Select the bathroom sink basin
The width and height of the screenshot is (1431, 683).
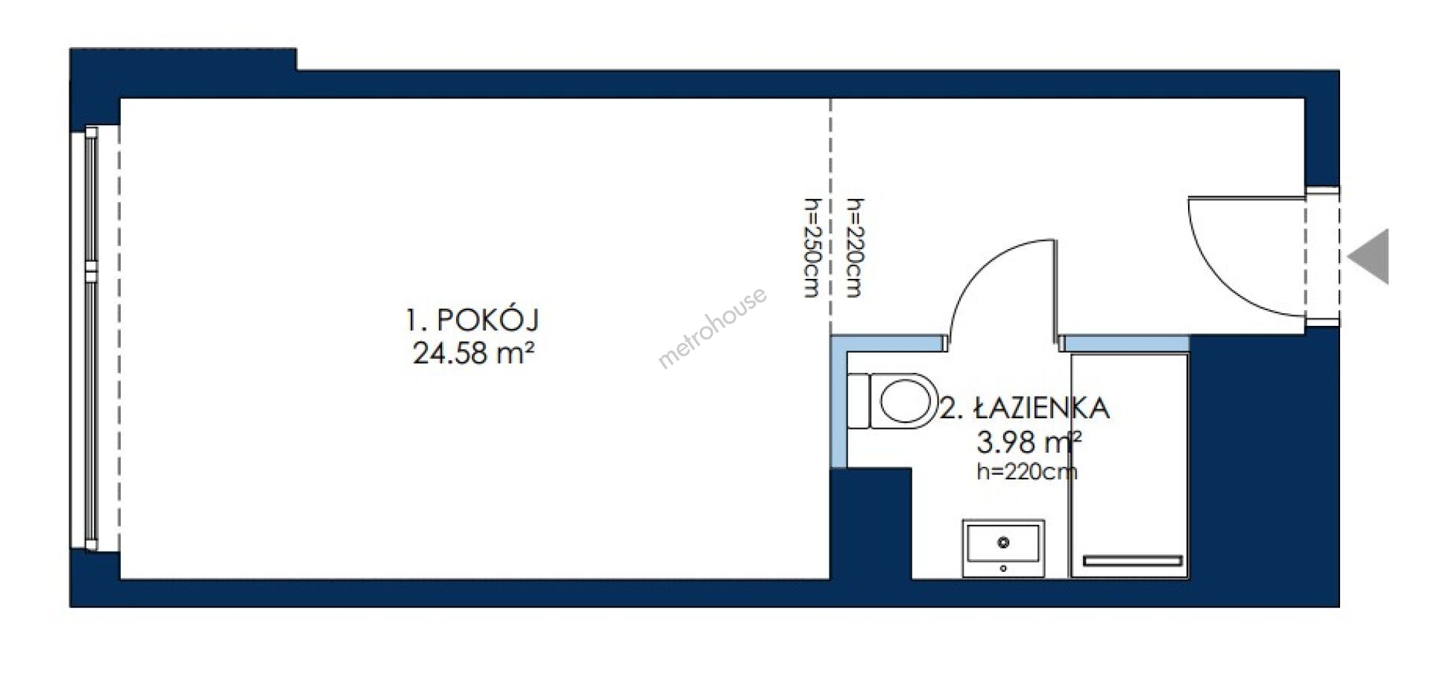[x=1003, y=549]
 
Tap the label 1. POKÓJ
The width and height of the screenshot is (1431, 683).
[x=472, y=321]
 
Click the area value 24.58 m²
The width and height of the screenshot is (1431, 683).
[x=474, y=353]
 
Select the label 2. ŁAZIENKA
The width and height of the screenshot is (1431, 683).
[x=1025, y=409]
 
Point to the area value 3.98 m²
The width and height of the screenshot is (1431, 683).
[x=1029, y=442]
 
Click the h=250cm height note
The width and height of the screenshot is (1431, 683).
[x=811, y=248]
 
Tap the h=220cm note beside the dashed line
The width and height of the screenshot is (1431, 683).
[x=853, y=248]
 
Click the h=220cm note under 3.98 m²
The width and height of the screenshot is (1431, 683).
[x=1026, y=471]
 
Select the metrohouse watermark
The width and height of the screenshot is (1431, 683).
[x=713, y=328]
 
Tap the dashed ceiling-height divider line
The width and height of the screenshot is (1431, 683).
[x=830, y=216]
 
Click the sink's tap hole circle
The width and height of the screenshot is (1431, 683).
[x=1003, y=541]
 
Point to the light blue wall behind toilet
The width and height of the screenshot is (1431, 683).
[x=838, y=403]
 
